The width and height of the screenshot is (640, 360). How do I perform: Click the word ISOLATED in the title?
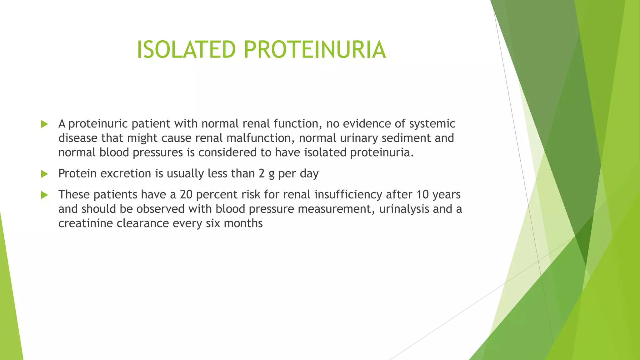(186, 50)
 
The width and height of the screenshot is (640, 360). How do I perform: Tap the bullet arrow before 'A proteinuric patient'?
(44, 124)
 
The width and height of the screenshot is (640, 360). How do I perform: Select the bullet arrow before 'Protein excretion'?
(44, 174)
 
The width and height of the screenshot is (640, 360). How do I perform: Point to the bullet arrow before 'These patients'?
(44, 195)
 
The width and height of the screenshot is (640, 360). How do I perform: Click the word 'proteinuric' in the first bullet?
(98, 124)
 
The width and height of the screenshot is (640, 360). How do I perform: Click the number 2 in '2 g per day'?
(262, 173)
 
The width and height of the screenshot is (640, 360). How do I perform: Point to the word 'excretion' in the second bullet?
(126, 173)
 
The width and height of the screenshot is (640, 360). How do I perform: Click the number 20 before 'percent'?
(186, 195)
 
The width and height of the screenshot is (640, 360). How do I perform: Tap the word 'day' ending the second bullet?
(309, 174)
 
